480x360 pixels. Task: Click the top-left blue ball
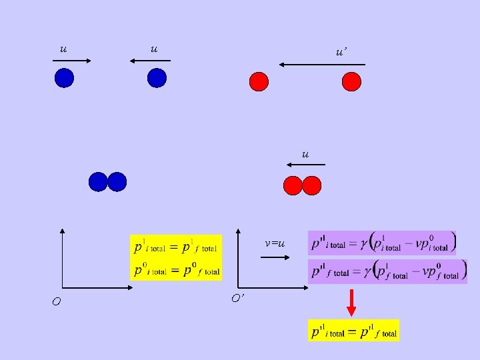coord(64,79)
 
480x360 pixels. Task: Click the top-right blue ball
coord(157,79)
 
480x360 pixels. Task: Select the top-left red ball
coord(259,81)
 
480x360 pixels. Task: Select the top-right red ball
coord(351,81)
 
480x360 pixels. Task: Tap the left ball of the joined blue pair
coord(98,181)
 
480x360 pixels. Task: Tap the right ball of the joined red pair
coord(312,185)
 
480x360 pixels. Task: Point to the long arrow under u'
coord(321,65)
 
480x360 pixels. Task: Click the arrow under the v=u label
coord(273,259)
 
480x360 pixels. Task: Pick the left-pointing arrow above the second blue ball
coord(150,61)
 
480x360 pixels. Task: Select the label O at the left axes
coord(57,302)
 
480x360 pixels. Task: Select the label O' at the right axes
coord(237,298)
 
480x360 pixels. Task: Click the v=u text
coord(275,243)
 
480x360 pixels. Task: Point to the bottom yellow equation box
coord(353,330)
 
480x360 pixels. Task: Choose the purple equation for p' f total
coord(388,271)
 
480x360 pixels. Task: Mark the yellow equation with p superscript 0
coord(175,270)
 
